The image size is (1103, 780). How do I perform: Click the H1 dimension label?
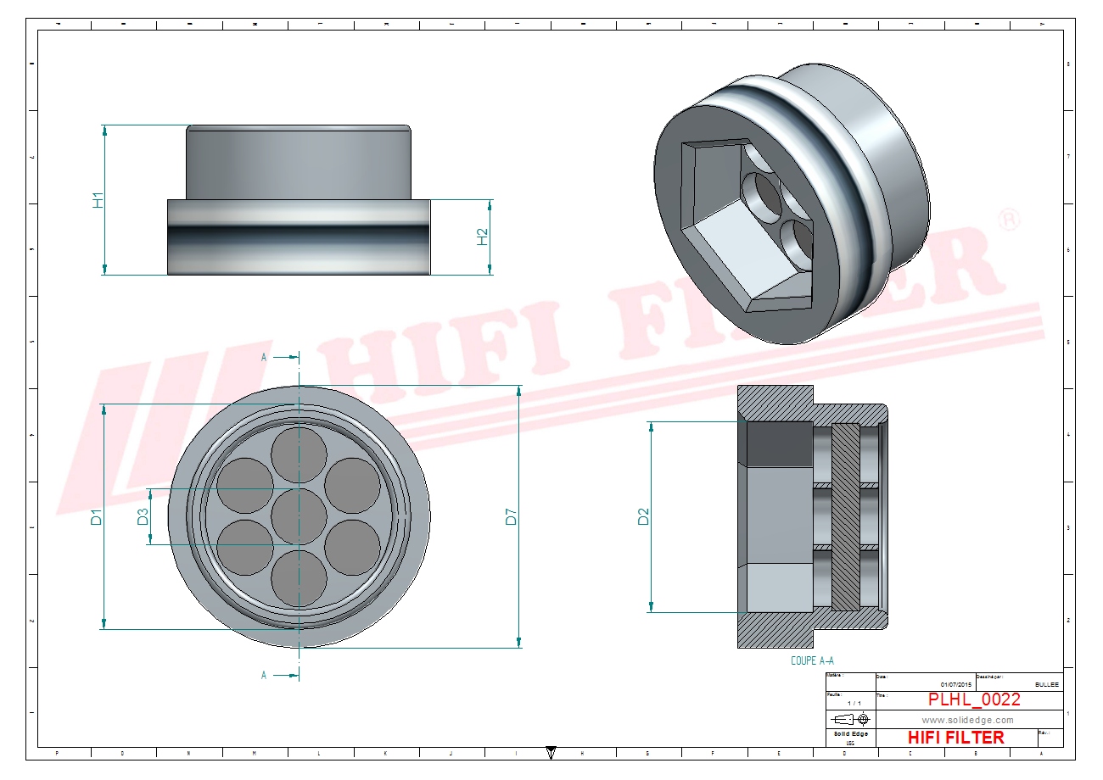click(x=98, y=200)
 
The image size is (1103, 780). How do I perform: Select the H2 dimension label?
click(x=482, y=237)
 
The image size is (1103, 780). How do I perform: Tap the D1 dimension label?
click(x=97, y=516)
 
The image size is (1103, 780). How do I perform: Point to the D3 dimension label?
click(x=143, y=515)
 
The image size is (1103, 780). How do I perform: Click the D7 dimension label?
click(x=511, y=516)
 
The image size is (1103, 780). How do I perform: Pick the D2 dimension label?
click(x=643, y=516)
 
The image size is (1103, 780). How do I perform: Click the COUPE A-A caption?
click(x=814, y=660)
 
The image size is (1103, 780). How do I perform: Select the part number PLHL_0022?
click(x=974, y=699)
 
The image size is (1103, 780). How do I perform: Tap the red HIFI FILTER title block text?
click(x=955, y=738)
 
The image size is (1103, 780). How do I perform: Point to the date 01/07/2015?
click(x=956, y=684)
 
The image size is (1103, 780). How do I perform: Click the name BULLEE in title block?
click(x=1047, y=684)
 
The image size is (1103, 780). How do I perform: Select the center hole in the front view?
click(x=300, y=516)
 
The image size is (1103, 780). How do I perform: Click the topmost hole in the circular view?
click(x=300, y=453)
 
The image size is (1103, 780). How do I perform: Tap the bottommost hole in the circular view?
click(x=300, y=579)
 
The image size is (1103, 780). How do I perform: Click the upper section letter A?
click(x=264, y=358)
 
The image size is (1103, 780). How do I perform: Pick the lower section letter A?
click(x=264, y=675)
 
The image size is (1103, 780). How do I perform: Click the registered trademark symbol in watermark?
click(x=1009, y=220)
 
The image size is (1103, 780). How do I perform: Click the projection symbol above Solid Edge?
click(x=850, y=720)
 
